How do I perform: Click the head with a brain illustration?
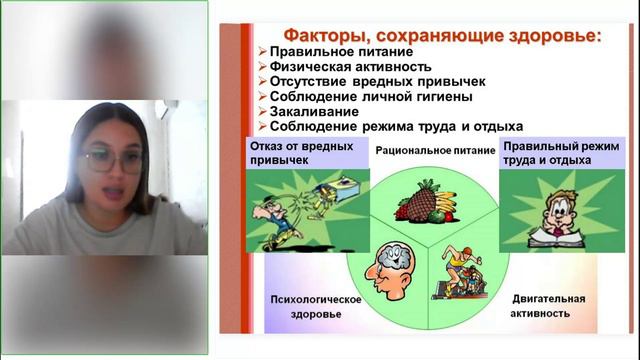pyautogui.click(x=383, y=269)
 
